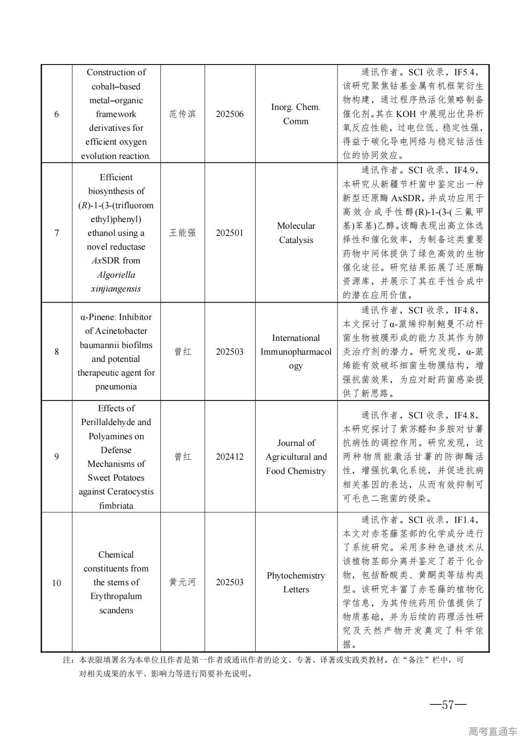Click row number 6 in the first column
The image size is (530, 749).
click(57, 114)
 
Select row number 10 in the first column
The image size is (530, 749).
click(57, 583)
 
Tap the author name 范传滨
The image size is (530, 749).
click(183, 114)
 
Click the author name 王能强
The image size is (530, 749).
click(183, 233)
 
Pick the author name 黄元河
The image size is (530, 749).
click(183, 582)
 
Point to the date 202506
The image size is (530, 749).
click(230, 114)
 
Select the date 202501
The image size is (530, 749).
click(230, 233)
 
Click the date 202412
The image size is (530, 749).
click(230, 457)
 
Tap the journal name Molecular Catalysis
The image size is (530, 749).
click(296, 233)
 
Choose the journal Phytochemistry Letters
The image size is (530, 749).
click(296, 582)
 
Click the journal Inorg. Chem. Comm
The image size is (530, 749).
click(296, 114)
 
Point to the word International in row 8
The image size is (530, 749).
click(296, 338)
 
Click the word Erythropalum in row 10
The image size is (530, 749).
click(116, 596)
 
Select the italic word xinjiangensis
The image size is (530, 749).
click(116, 288)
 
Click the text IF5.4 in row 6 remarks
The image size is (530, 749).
click(465, 72)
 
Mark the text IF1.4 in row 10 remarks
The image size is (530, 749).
click(465, 520)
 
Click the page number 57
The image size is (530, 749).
click(448, 704)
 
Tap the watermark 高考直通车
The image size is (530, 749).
click(493, 731)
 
